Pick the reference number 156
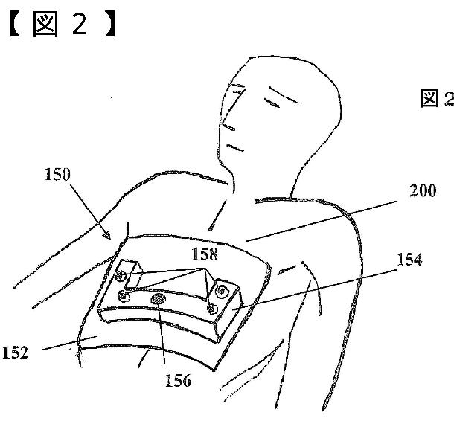point(176,382)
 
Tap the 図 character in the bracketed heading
point(48,25)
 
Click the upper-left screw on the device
point(120,278)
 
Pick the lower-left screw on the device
point(125,297)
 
